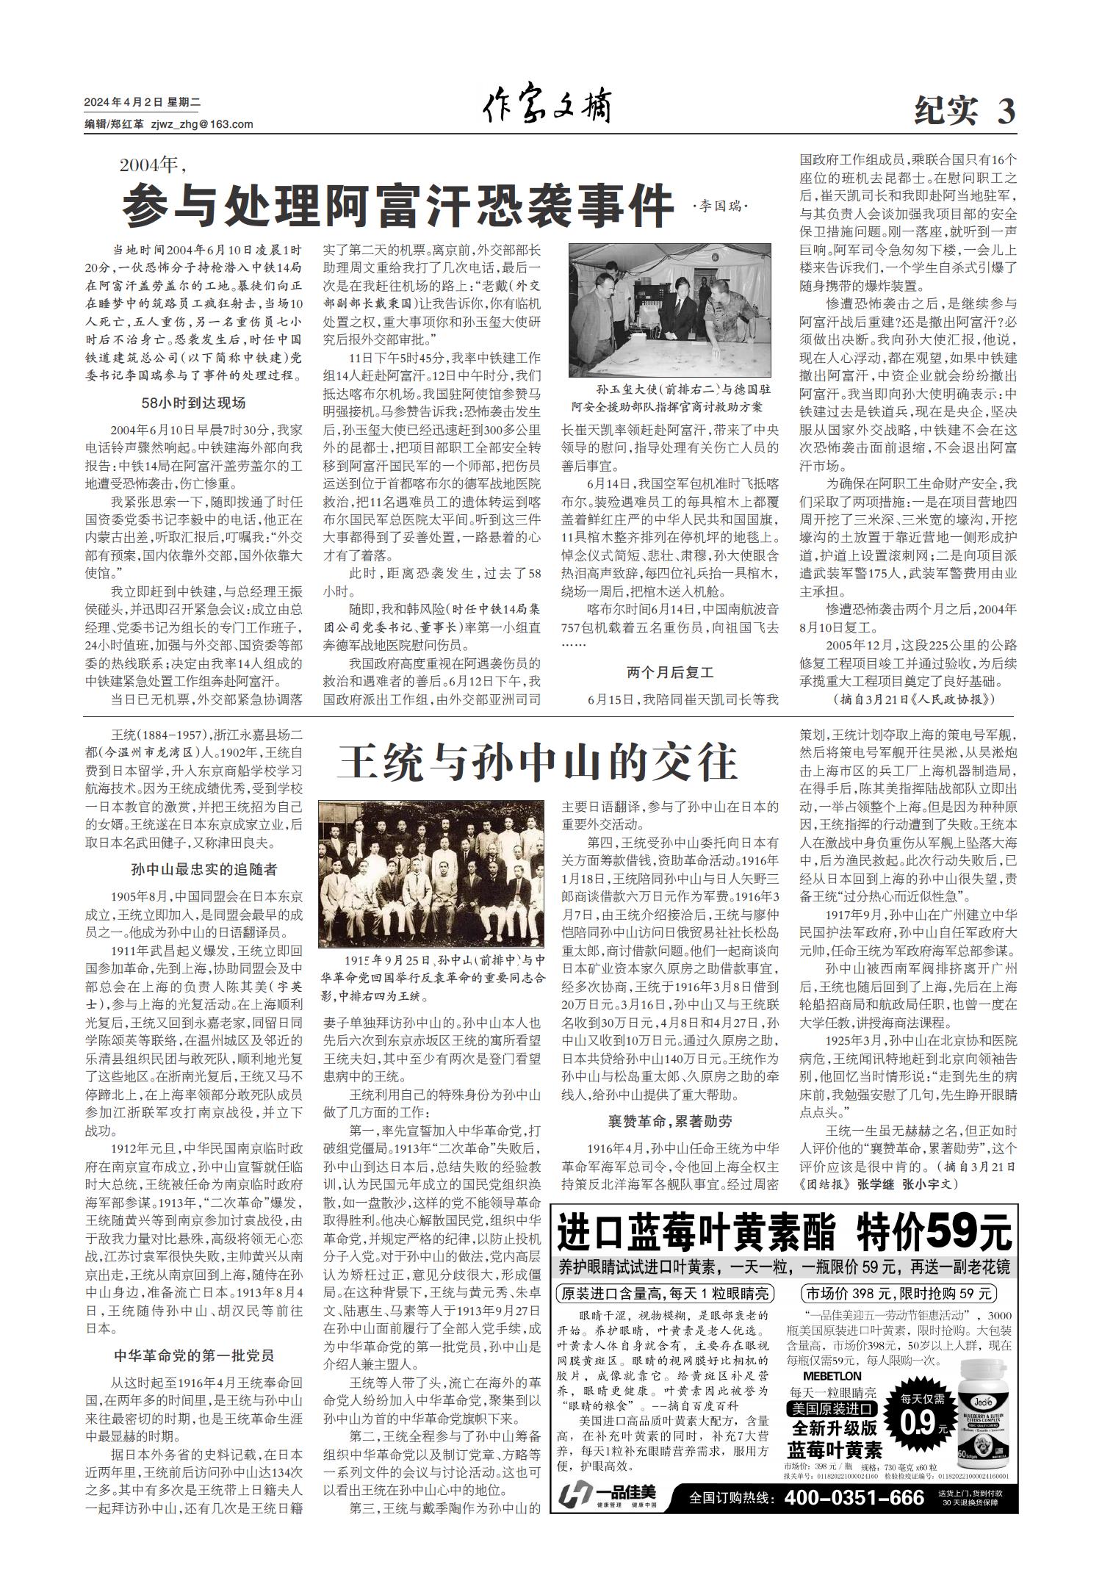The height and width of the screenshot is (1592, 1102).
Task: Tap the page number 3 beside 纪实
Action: pyautogui.click(x=1006, y=112)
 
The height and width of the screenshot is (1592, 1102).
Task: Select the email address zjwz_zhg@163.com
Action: pyautogui.click(x=201, y=124)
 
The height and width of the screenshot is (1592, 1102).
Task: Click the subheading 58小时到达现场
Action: pyautogui.click(x=193, y=403)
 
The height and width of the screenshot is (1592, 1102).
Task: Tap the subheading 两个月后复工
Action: pyautogui.click(x=670, y=671)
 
